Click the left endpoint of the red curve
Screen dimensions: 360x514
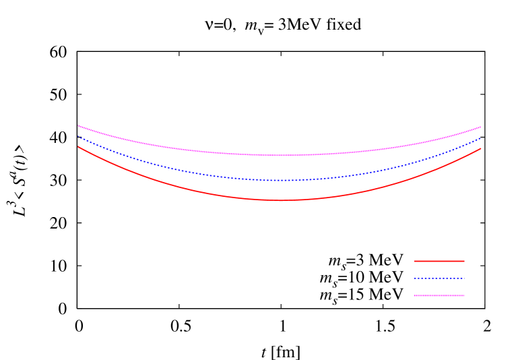78,147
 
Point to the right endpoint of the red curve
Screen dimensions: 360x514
481,148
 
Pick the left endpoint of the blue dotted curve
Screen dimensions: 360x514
78,137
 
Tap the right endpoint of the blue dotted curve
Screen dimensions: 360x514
481,138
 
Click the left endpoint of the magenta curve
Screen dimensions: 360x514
78,126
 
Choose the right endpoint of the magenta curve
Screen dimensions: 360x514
481,127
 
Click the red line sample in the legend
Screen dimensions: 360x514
439,261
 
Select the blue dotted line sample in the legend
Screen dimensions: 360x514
439,278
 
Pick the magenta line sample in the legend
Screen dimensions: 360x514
439,295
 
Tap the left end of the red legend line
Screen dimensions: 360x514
414,261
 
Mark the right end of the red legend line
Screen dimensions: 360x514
464,261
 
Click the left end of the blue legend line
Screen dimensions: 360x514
414,278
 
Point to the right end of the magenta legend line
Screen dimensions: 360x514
464,295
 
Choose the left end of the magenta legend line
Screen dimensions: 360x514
414,295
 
